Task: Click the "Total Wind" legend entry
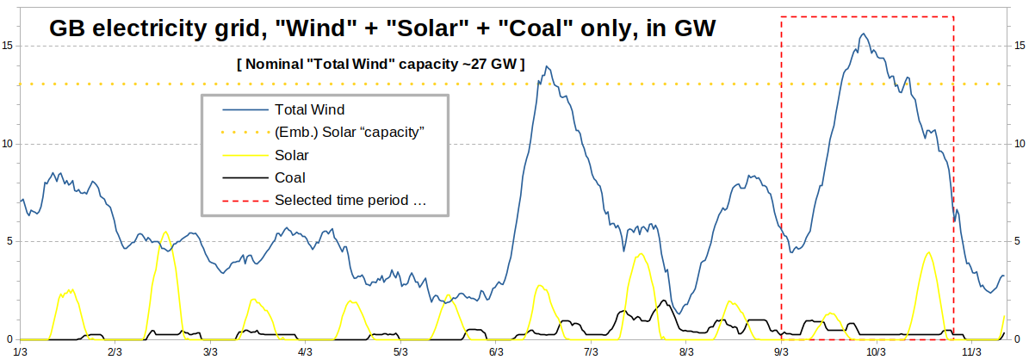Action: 309,110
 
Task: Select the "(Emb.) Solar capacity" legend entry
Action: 350,133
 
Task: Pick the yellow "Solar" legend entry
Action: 292,156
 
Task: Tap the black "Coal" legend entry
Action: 289,178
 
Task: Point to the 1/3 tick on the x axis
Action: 21,351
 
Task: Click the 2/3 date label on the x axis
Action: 115,351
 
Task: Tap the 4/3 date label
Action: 306,351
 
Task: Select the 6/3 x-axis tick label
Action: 496,351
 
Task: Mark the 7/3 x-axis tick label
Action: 592,351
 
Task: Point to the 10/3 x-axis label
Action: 877,351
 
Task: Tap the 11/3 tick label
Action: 972,351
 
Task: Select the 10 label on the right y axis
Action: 1019,143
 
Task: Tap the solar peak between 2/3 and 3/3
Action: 165,232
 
